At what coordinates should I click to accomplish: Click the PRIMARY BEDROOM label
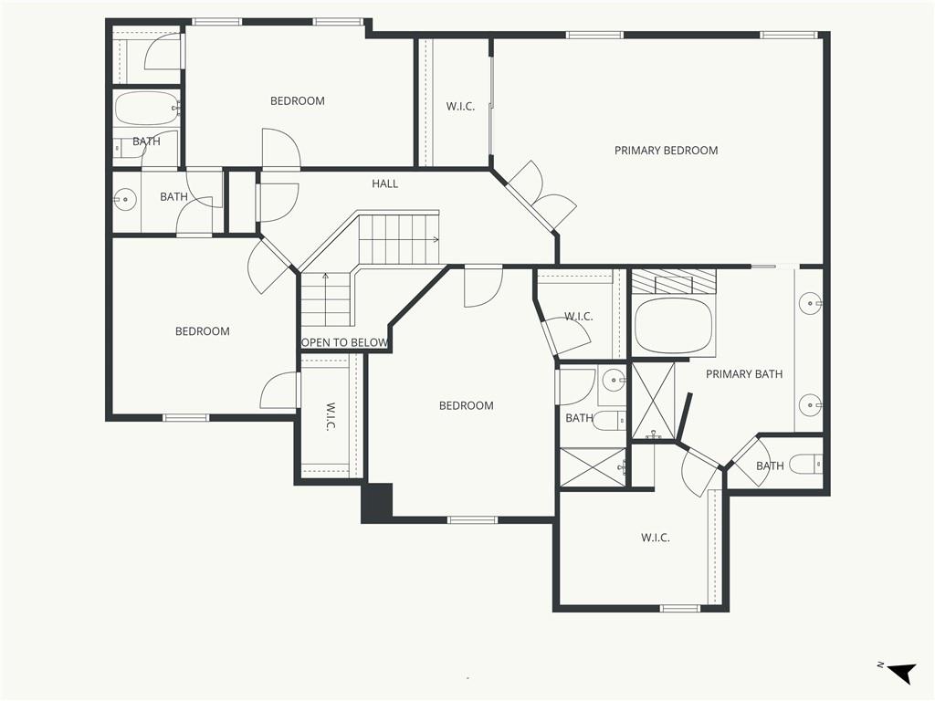(666, 151)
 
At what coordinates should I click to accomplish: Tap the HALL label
(384, 183)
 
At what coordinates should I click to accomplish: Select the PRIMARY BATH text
(744, 373)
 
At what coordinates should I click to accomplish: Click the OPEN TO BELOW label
(344, 343)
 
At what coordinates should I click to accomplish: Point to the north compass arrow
(901, 672)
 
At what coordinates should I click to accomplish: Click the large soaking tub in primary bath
(674, 326)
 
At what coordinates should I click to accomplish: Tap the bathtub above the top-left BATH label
(147, 108)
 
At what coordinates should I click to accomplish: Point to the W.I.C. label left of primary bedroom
(460, 107)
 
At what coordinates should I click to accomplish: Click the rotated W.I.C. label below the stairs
(331, 416)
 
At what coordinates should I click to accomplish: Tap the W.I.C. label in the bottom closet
(656, 538)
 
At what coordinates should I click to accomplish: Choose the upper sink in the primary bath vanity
(811, 303)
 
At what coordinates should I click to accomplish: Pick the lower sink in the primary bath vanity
(811, 404)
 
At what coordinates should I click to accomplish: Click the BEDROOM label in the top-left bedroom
(298, 100)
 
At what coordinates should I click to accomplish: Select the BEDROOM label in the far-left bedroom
(202, 331)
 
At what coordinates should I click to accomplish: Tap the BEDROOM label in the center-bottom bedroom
(467, 406)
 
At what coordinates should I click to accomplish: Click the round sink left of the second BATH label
(125, 200)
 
